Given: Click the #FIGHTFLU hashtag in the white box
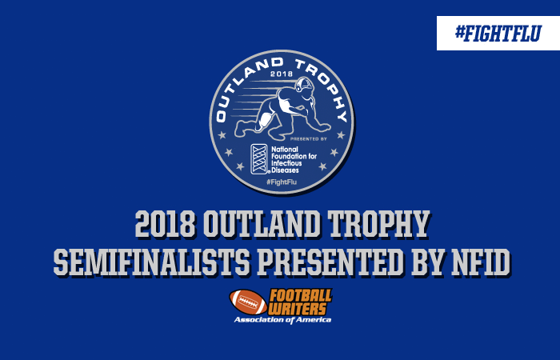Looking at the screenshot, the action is tap(498, 34).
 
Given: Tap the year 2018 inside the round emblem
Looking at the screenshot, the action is tap(282, 74).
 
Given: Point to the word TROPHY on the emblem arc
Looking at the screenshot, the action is tap(323, 87).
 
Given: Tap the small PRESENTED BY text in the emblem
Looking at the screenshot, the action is tap(308, 138).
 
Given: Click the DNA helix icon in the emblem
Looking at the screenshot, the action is tap(259, 159).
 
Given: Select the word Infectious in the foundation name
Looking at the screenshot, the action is tap(286, 163).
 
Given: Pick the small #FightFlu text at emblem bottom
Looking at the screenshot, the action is tap(282, 182).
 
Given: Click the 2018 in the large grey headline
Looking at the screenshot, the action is tap(166, 224).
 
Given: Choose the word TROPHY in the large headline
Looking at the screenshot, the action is tap(378, 224).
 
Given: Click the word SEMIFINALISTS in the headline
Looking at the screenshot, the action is tap(151, 262).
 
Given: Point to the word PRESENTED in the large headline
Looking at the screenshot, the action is tap(330, 262).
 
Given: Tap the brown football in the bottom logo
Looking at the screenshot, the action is tap(248, 302).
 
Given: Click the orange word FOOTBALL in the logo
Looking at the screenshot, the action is tap(301, 296).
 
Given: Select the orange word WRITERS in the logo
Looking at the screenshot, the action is tap(298, 309).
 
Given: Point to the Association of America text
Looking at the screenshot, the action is tap(282, 320).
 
